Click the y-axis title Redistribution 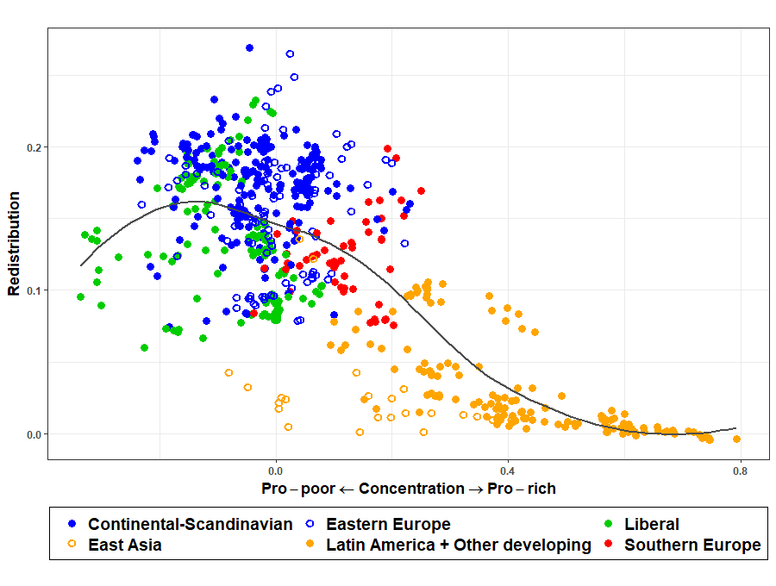tap(14, 244)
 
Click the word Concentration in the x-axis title tap(411, 489)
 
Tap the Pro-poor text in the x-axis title tap(298, 489)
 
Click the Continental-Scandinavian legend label tap(191, 524)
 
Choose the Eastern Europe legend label tap(388, 524)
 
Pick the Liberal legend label tap(652, 524)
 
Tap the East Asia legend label tap(125, 545)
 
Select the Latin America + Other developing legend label tap(459, 545)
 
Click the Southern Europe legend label tap(692, 545)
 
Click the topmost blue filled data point tap(249, 48)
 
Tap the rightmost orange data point tap(737, 439)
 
